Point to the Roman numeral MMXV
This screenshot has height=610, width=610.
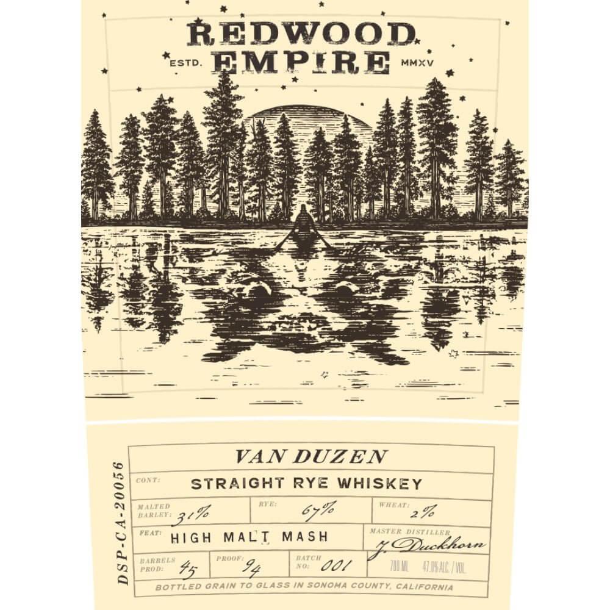[x=418, y=62]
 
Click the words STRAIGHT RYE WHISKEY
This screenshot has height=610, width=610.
[x=306, y=484]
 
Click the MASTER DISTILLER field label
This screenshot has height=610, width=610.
[x=410, y=532]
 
